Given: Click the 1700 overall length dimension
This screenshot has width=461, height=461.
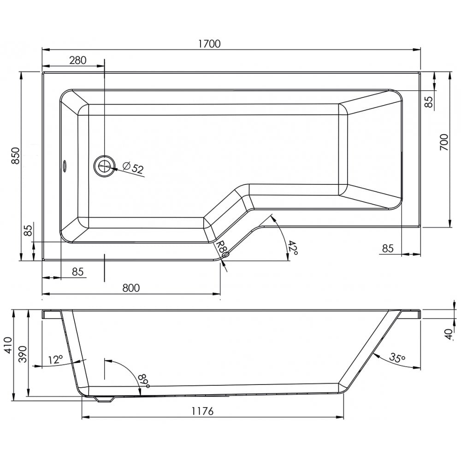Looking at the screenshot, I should coord(210,44).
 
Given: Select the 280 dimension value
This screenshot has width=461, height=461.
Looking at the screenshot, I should coord(78,60).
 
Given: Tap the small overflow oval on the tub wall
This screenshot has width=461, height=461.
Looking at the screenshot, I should coord(65,165).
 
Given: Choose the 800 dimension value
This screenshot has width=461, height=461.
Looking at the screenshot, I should coord(131,288).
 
